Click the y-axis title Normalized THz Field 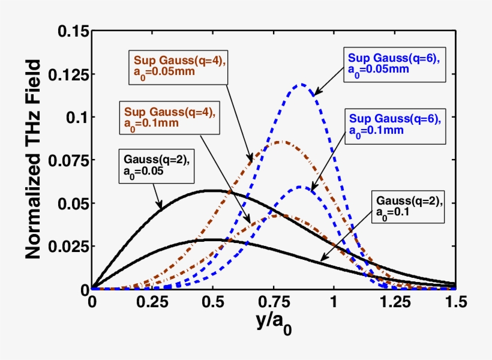34,160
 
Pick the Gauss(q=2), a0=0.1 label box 408,207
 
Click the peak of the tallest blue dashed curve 302,84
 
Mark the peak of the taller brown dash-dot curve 280,142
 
